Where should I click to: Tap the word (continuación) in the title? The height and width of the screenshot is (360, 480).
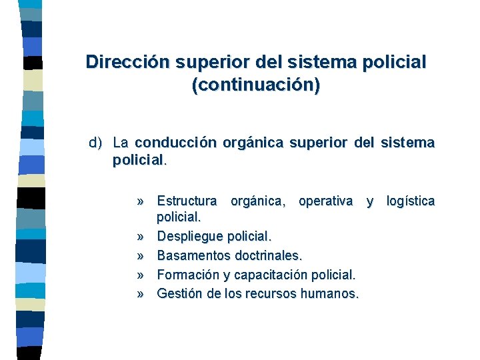[x=255, y=86]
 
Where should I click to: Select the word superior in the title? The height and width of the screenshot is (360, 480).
[x=213, y=63]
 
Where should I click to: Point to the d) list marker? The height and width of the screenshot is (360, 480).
[x=97, y=143]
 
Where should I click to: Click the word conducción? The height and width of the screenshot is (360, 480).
[x=175, y=143]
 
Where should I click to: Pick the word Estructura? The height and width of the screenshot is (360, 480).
[x=187, y=201]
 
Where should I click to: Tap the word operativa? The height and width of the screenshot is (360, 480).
[x=326, y=201]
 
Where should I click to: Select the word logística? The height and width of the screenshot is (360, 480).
[x=411, y=201]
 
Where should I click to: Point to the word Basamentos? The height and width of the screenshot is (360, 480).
[x=193, y=255]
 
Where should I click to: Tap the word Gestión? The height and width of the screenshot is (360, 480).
[x=179, y=293]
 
